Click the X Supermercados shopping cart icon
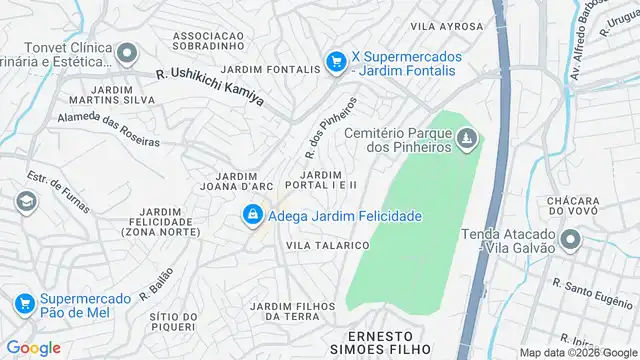(x=337, y=62)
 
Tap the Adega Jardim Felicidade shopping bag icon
(x=253, y=215)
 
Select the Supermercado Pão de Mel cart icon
(x=23, y=302)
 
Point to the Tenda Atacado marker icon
(x=571, y=240)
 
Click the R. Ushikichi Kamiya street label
(x=210, y=88)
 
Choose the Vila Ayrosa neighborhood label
(x=449, y=27)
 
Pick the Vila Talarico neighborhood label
(x=328, y=245)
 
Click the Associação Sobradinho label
(x=210, y=41)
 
